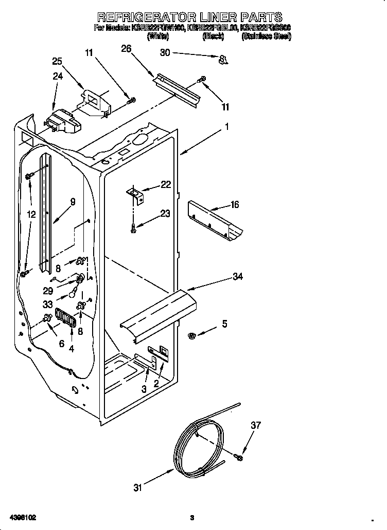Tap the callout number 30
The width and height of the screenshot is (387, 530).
(x=165, y=52)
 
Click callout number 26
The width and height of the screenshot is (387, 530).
(x=126, y=49)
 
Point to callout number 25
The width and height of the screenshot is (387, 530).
(x=57, y=61)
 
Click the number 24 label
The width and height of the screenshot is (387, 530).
(x=57, y=76)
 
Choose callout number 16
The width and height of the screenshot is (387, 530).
(x=235, y=205)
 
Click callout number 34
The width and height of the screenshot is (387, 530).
(x=237, y=277)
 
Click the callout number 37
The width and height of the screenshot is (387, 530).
(x=256, y=425)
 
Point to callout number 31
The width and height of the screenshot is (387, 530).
(x=137, y=488)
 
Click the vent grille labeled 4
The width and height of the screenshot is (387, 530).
(x=66, y=319)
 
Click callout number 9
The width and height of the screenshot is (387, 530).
(x=73, y=202)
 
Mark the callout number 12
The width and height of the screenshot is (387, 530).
(x=31, y=214)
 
